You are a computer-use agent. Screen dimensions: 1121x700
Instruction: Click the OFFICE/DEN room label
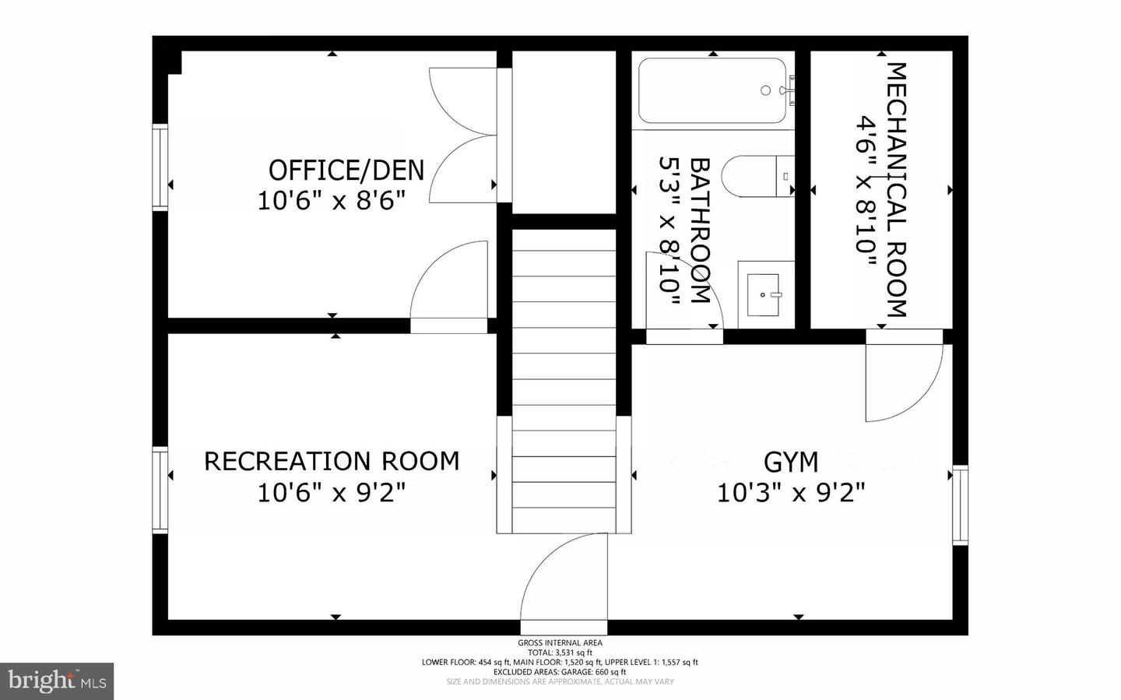point(346,171)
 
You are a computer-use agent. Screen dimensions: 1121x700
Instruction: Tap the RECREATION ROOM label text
point(332,461)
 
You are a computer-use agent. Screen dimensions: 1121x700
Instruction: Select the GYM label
point(791,462)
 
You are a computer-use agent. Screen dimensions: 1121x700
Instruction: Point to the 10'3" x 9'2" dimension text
point(791,493)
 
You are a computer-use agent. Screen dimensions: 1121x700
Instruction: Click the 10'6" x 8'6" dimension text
point(331,201)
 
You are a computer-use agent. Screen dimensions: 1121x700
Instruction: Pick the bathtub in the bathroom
point(712,90)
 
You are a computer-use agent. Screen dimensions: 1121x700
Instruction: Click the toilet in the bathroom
point(757,176)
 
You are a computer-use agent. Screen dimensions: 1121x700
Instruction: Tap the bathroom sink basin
point(763,295)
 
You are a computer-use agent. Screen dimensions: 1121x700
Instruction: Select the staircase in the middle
point(564,381)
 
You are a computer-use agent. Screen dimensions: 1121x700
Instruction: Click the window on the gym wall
point(961,505)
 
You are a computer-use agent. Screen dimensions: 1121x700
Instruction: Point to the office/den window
point(160,167)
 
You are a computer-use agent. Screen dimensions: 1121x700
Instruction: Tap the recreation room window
point(160,491)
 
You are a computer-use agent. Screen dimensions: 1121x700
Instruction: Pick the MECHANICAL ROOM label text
point(897,190)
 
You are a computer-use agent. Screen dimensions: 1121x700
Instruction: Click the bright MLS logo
point(57,681)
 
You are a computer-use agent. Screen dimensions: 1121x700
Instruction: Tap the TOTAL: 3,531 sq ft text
point(560,653)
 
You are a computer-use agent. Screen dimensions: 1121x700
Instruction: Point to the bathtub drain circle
point(766,90)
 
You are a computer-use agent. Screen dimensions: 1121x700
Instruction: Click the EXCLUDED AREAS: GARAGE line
point(560,672)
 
